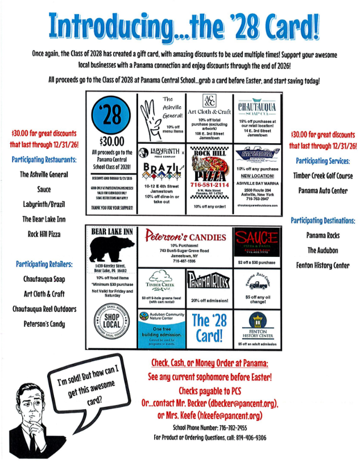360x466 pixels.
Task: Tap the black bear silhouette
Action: click(x=111, y=249)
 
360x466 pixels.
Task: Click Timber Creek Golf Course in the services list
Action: click(x=324, y=176)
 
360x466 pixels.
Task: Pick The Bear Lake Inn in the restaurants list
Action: click(x=43, y=219)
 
